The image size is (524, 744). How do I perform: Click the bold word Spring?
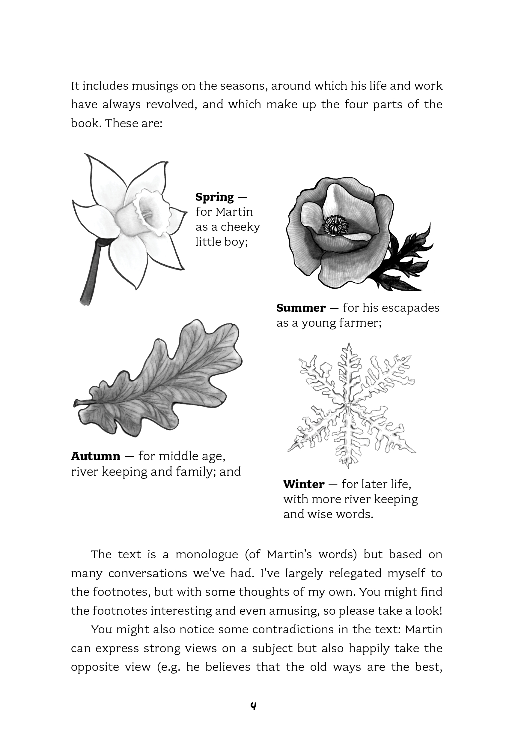(x=214, y=197)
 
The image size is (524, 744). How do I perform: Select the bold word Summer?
(x=301, y=308)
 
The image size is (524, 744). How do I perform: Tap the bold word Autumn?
(x=96, y=456)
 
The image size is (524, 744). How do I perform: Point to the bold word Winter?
(x=303, y=484)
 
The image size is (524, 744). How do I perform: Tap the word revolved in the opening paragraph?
(x=171, y=105)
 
